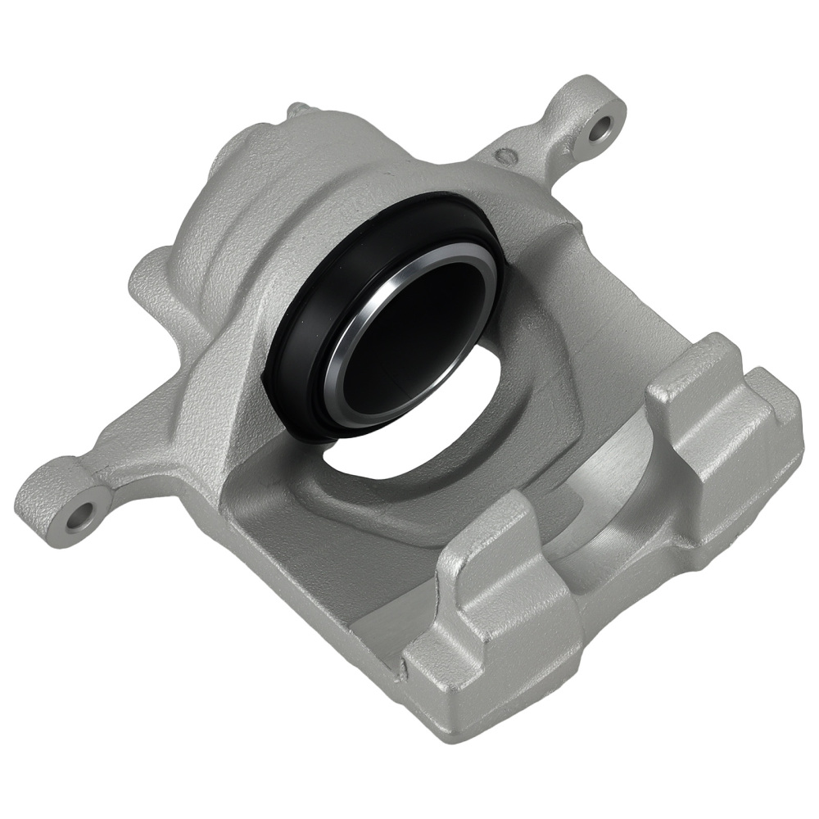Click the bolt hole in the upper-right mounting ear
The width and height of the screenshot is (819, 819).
pos(601,127)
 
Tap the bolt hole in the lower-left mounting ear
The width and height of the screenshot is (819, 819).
pos(81,515)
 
